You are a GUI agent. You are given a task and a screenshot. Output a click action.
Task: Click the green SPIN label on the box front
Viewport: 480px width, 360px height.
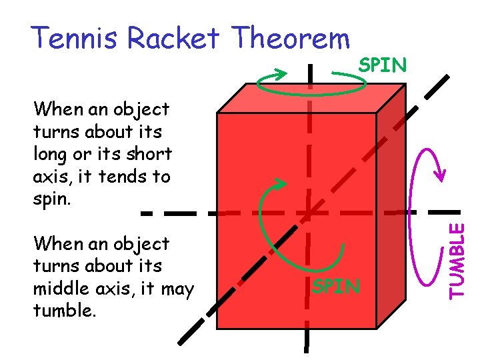tap(337, 287)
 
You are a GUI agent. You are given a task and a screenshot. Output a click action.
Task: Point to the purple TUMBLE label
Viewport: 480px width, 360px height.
tap(457, 260)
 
